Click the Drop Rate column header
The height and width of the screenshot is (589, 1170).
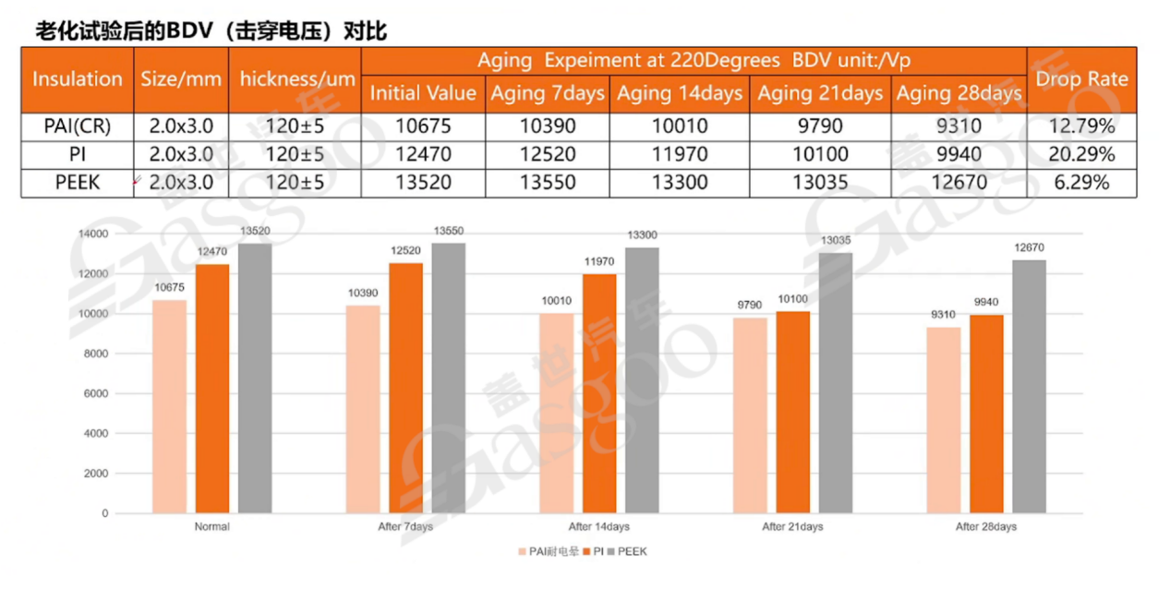pyautogui.click(x=1081, y=79)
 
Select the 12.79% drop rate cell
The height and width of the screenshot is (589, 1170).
pyautogui.click(x=1081, y=126)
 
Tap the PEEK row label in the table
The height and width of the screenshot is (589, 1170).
pyautogui.click(x=78, y=183)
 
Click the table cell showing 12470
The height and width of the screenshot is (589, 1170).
pyautogui.click(x=423, y=154)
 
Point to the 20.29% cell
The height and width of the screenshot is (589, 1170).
pyautogui.click(x=1081, y=154)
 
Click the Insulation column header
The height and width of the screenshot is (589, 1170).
pyautogui.click(x=78, y=79)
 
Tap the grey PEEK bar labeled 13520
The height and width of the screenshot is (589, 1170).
pyautogui.click(x=255, y=378)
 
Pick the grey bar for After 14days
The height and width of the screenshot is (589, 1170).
pyautogui.click(x=642, y=379)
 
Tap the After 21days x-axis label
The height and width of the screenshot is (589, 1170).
pyautogui.click(x=792, y=527)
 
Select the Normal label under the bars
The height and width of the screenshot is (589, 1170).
pyautogui.click(x=212, y=527)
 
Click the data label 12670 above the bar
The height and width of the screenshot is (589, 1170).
pyautogui.click(x=1029, y=247)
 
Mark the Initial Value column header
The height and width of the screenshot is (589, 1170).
pyautogui.click(x=423, y=93)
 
